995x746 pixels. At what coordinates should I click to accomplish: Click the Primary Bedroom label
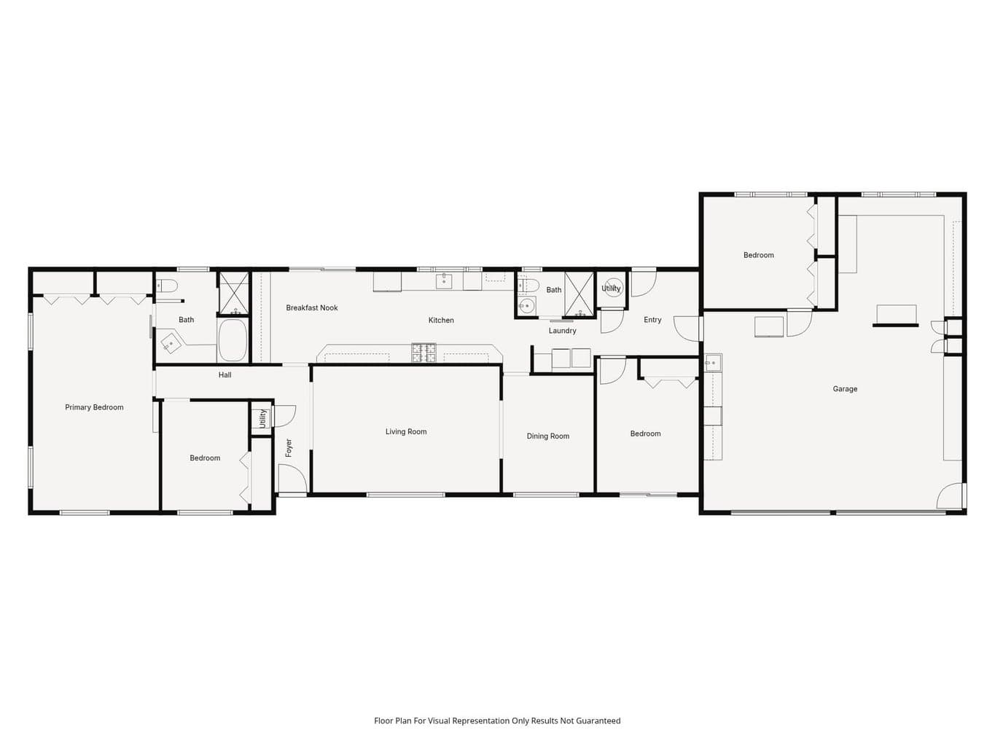click(x=94, y=407)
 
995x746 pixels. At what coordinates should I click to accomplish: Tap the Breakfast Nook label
click(x=312, y=307)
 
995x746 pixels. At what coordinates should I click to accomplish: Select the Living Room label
click(x=406, y=432)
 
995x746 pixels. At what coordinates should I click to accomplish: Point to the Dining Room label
click(x=547, y=436)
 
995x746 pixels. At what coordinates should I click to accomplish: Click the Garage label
click(x=845, y=388)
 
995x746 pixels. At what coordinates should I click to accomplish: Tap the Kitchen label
click(x=441, y=321)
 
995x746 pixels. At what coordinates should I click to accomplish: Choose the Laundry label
click(x=562, y=331)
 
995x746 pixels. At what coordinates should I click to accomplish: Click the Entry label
click(x=652, y=320)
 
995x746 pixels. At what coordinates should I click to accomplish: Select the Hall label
click(x=225, y=374)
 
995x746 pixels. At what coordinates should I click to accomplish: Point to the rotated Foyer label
click(x=289, y=447)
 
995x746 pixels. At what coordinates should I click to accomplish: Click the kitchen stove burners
click(x=424, y=353)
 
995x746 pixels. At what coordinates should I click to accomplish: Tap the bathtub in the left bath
click(x=233, y=340)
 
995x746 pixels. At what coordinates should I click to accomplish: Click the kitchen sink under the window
click(x=444, y=280)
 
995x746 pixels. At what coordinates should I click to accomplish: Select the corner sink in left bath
click(x=172, y=342)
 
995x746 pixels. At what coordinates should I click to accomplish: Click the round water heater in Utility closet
click(x=613, y=287)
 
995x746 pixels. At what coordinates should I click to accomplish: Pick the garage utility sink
click(x=713, y=363)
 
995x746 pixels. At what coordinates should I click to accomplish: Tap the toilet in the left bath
click(x=166, y=286)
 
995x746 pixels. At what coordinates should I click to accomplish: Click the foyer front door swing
click(x=292, y=479)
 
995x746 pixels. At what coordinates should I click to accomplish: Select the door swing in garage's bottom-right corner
click(x=950, y=495)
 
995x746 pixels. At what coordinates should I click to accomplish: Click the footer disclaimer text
click(x=497, y=721)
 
